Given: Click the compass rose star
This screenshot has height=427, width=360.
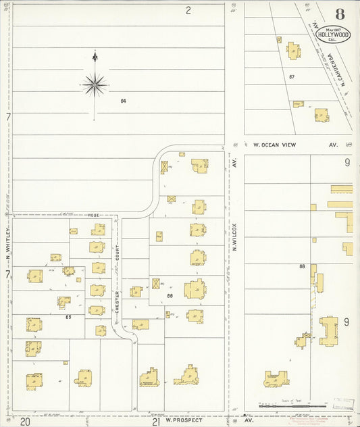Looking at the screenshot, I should (x=95, y=84).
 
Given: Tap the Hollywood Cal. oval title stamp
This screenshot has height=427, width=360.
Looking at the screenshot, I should (x=334, y=34).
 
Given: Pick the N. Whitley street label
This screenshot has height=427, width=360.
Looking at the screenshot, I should (x=8, y=243).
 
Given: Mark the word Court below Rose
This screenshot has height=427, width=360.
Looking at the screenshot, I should (x=116, y=252).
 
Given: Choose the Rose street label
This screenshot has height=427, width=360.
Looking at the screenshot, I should (x=93, y=215).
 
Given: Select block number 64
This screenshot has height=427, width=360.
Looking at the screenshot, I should (x=124, y=101).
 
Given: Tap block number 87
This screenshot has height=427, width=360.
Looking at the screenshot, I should (x=292, y=76).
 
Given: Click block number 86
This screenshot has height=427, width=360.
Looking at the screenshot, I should (x=170, y=295).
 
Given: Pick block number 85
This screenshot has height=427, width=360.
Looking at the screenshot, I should (x=68, y=316).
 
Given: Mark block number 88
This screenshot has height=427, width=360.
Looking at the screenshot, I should (x=303, y=266).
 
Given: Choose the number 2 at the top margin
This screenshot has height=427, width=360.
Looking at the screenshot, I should (x=188, y=9).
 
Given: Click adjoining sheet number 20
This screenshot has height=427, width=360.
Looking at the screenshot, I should (x=25, y=421).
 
